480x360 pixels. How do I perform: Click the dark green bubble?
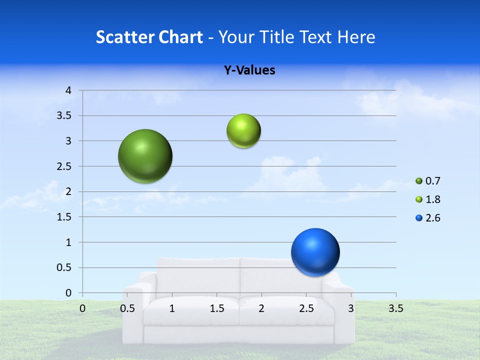145,156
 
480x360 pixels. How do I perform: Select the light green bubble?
243,131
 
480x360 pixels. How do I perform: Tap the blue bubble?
315,252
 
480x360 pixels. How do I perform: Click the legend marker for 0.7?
419,181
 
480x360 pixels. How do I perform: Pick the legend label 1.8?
432,199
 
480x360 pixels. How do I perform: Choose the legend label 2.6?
432,218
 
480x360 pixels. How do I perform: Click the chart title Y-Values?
249,70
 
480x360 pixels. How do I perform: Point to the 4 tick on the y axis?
68,90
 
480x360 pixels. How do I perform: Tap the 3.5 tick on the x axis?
395,308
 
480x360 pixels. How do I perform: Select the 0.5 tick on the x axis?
127,308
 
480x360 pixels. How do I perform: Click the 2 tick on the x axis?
261,308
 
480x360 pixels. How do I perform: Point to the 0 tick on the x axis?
82,308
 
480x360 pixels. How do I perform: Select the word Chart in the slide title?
180,37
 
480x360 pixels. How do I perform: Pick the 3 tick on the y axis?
68,141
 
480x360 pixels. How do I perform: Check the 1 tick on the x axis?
172,308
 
